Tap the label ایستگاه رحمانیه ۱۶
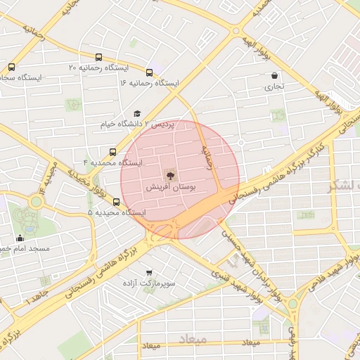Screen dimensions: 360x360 (149, 83)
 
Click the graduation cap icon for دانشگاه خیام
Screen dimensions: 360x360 (137, 114)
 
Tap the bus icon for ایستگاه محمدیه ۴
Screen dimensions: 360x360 (113, 152)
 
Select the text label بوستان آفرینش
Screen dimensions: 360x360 (169, 188)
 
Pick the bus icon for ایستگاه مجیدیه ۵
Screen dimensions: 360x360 (117, 202)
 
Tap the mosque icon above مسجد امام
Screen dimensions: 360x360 (20, 238)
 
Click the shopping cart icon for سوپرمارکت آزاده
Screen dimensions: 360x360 (148, 272)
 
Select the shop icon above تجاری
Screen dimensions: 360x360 (274, 76)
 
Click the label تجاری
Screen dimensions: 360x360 (274, 87)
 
